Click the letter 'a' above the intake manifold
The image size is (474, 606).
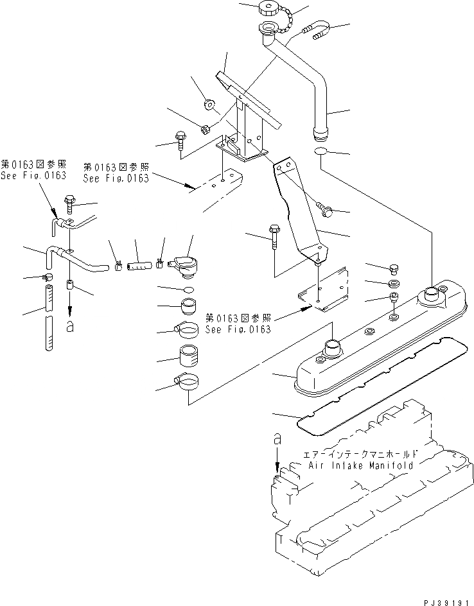tap(277, 440)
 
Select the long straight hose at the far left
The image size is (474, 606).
tap(47, 318)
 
